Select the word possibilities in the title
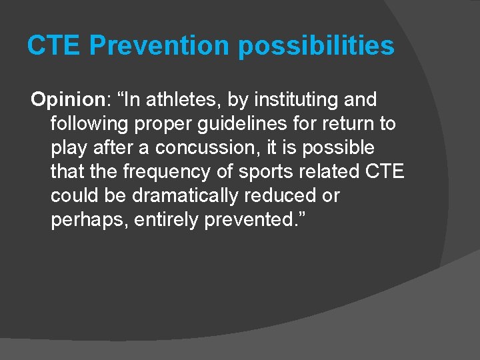(316, 47)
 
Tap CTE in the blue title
(54, 46)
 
